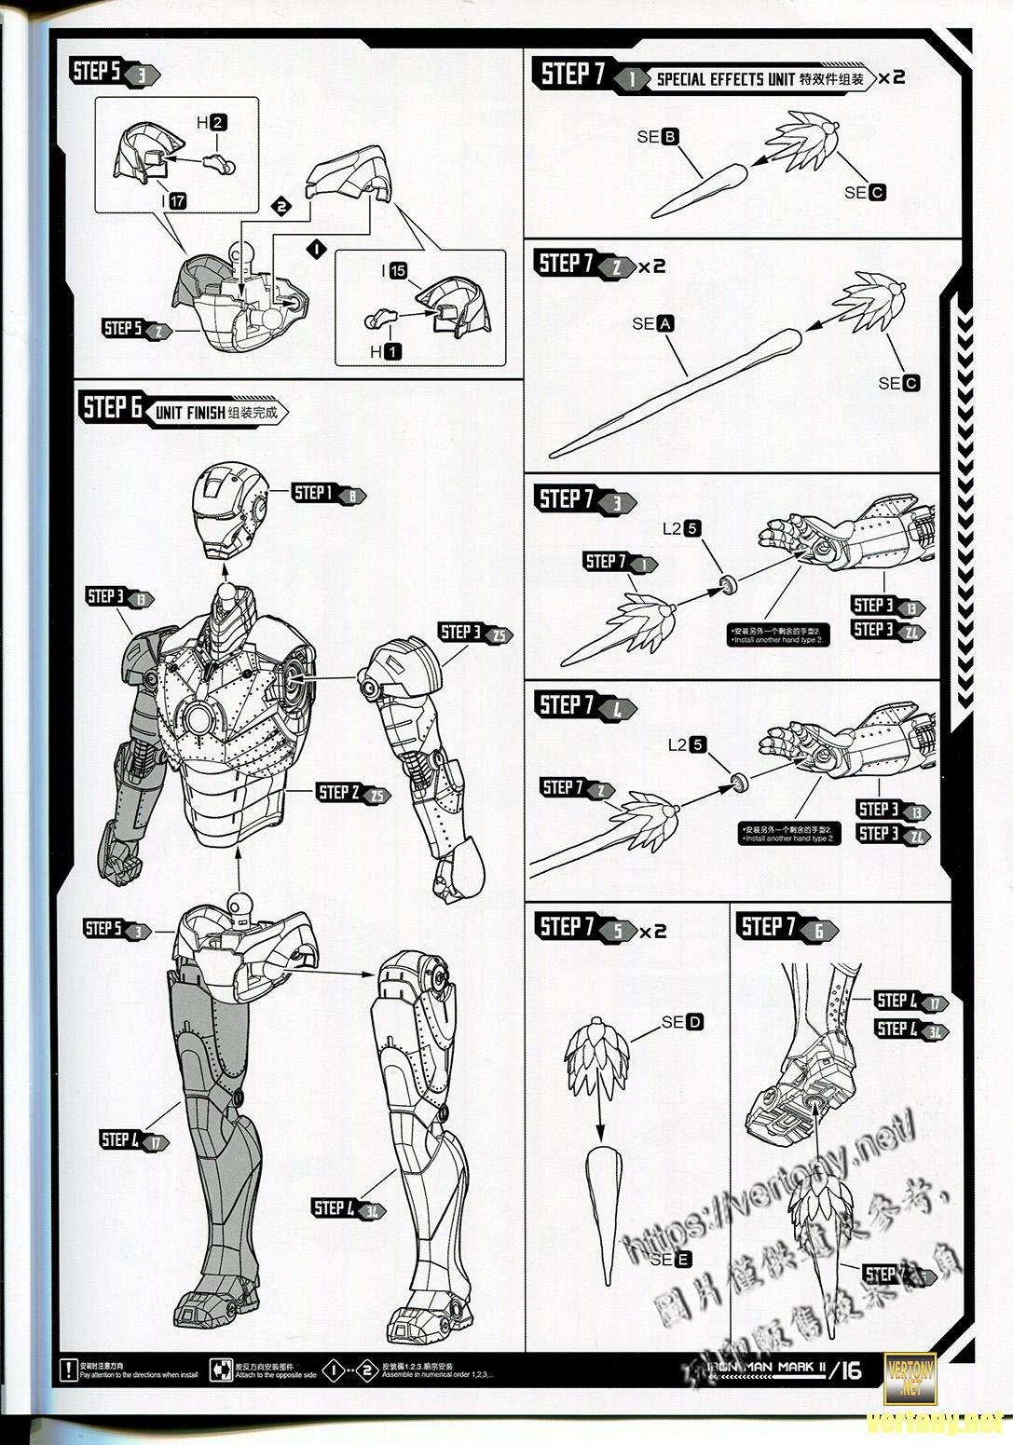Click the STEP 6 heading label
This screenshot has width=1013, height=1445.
[x=113, y=408]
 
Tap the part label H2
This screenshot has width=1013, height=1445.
[x=211, y=122]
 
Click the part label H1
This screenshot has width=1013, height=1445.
[x=386, y=351]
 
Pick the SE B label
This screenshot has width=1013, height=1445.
[x=658, y=137]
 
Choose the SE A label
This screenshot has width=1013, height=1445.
[x=652, y=323]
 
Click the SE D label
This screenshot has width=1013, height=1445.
[x=682, y=1022]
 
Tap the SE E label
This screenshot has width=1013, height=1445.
[x=671, y=1260]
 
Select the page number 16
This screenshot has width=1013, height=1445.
[x=850, y=1370]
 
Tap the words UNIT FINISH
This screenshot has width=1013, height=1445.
[x=190, y=413]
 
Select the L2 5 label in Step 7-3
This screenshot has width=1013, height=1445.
[x=682, y=528]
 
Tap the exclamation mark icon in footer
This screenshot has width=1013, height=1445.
[x=67, y=1370]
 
